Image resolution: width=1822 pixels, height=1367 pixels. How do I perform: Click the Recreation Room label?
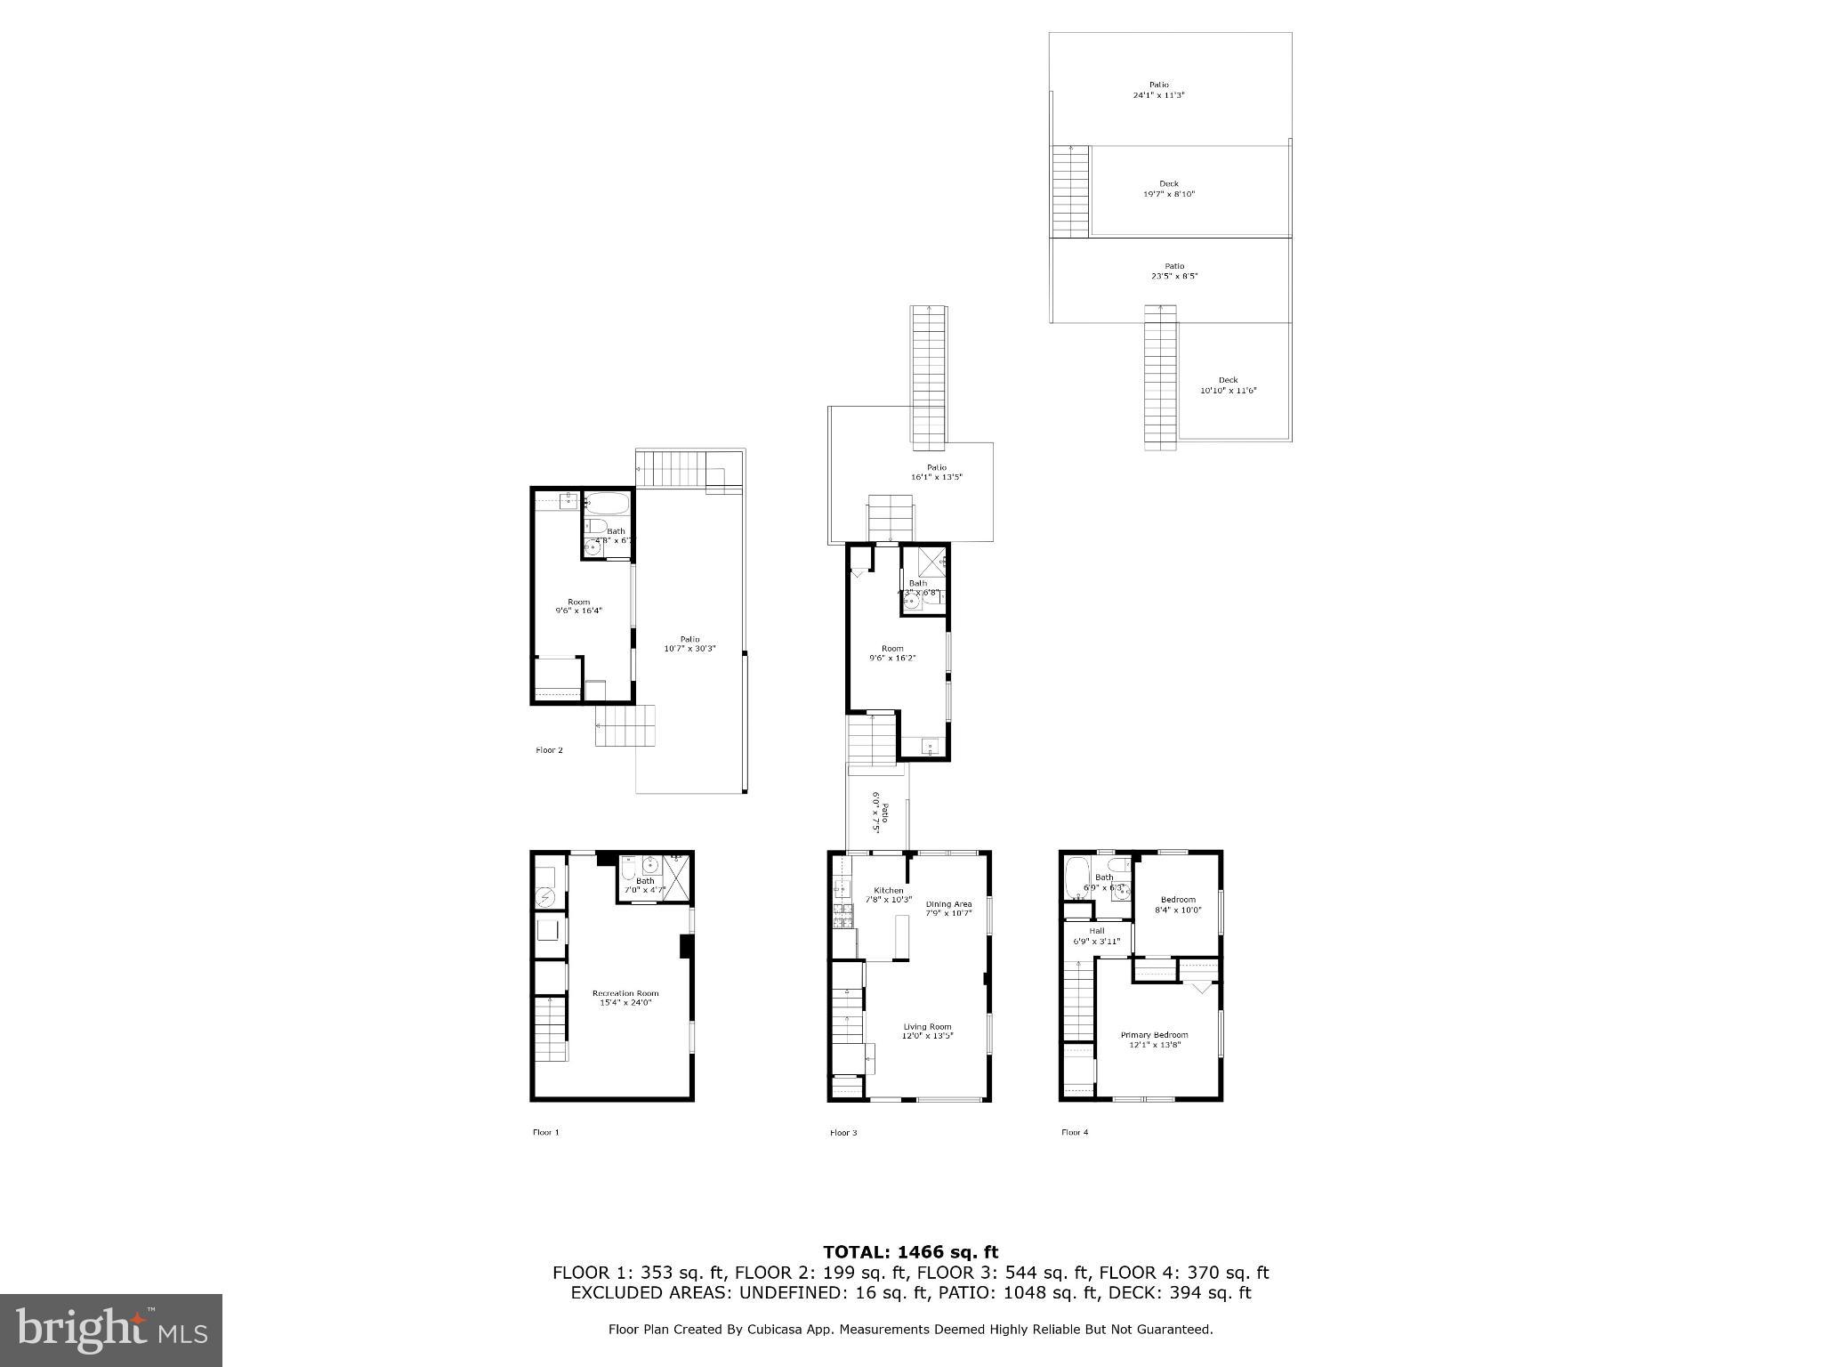[625, 998]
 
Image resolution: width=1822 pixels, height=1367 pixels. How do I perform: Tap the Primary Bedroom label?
[1154, 1039]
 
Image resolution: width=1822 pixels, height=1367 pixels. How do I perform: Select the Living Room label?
[927, 1031]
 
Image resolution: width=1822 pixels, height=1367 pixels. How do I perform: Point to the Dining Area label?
[948, 908]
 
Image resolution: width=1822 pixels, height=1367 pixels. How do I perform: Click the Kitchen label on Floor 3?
[888, 894]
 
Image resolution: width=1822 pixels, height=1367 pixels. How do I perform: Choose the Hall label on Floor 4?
[1096, 935]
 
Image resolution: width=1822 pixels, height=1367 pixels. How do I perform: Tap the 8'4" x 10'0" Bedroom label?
[1178, 904]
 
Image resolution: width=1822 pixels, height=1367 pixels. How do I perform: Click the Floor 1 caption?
[546, 1132]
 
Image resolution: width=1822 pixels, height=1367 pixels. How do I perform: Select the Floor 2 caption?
[549, 750]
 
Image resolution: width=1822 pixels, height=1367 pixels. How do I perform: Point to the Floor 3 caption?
[843, 1132]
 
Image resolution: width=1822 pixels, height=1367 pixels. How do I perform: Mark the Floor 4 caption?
[1074, 1132]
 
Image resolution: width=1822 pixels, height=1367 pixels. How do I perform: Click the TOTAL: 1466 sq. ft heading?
[910, 1252]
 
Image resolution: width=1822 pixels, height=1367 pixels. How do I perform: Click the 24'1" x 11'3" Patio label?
[1159, 90]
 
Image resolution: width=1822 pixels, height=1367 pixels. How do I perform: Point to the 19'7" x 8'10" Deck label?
[1168, 189]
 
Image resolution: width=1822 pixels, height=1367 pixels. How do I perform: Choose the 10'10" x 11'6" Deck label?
[1228, 385]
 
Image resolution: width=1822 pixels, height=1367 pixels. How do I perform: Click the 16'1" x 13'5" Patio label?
[936, 472]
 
